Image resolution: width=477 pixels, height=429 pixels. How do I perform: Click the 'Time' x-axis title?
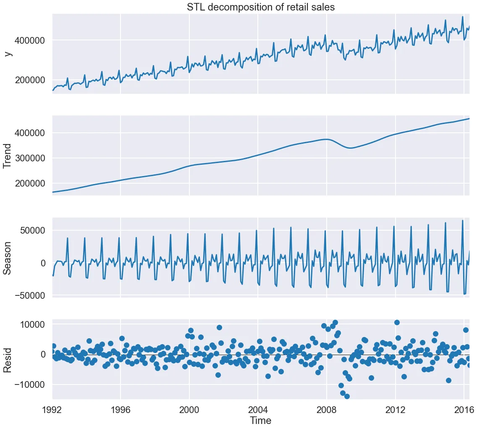coord(260,420)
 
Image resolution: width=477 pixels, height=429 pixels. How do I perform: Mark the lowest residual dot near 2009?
coord(347,396)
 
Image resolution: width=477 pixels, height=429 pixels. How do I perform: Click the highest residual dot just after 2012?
coord(397,323)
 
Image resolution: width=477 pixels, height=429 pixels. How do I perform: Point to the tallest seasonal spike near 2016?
coord(463,220)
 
